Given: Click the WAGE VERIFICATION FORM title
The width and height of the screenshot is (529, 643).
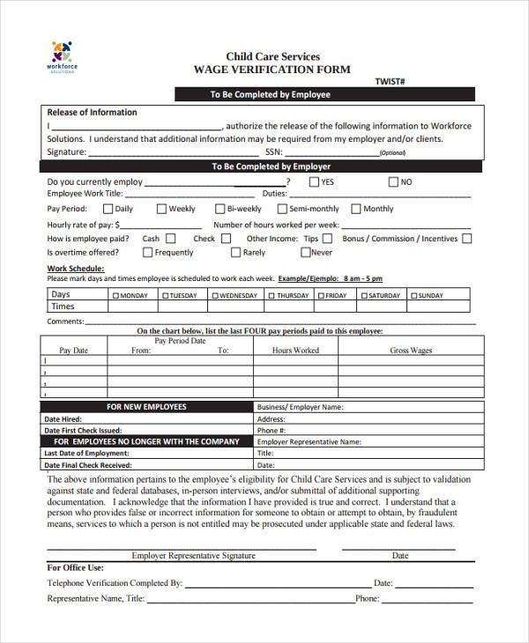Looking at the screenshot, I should (x=272, y=70).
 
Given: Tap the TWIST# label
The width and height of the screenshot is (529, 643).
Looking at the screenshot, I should (x=390, y=81).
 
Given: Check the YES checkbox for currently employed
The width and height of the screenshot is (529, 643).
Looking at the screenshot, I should (x=314, y=182).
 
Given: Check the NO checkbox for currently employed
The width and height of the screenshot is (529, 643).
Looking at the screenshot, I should (x=393, y=182).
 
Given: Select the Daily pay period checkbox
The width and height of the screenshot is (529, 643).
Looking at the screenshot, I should (x=108, y=209).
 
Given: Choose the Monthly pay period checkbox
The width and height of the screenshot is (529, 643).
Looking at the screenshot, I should (x=356, y=209).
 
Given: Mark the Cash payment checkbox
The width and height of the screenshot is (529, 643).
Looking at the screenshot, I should (x=171, y=238).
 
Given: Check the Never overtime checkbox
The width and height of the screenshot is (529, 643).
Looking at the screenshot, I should (x=305, y=252).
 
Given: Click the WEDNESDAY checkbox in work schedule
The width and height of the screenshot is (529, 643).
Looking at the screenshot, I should (x=214, y=296).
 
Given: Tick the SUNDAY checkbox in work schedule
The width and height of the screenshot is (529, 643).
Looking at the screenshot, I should (x=412, y=296).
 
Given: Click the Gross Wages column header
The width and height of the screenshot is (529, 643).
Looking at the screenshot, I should (x=411, y=351).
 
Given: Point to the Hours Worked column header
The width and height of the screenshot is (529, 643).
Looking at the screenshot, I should (x=295, y=351).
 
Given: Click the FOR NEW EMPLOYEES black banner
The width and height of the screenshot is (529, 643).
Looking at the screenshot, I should (x=146, y=407).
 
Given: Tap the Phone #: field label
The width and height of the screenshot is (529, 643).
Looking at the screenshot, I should (x=271, y=431).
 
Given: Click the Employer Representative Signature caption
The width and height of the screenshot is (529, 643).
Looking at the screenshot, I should (x=193, y=556).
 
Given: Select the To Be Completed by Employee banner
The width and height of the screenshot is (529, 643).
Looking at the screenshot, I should (x=270, y=94).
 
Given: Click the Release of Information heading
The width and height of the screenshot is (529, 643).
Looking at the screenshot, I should (x=92, y=113).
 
